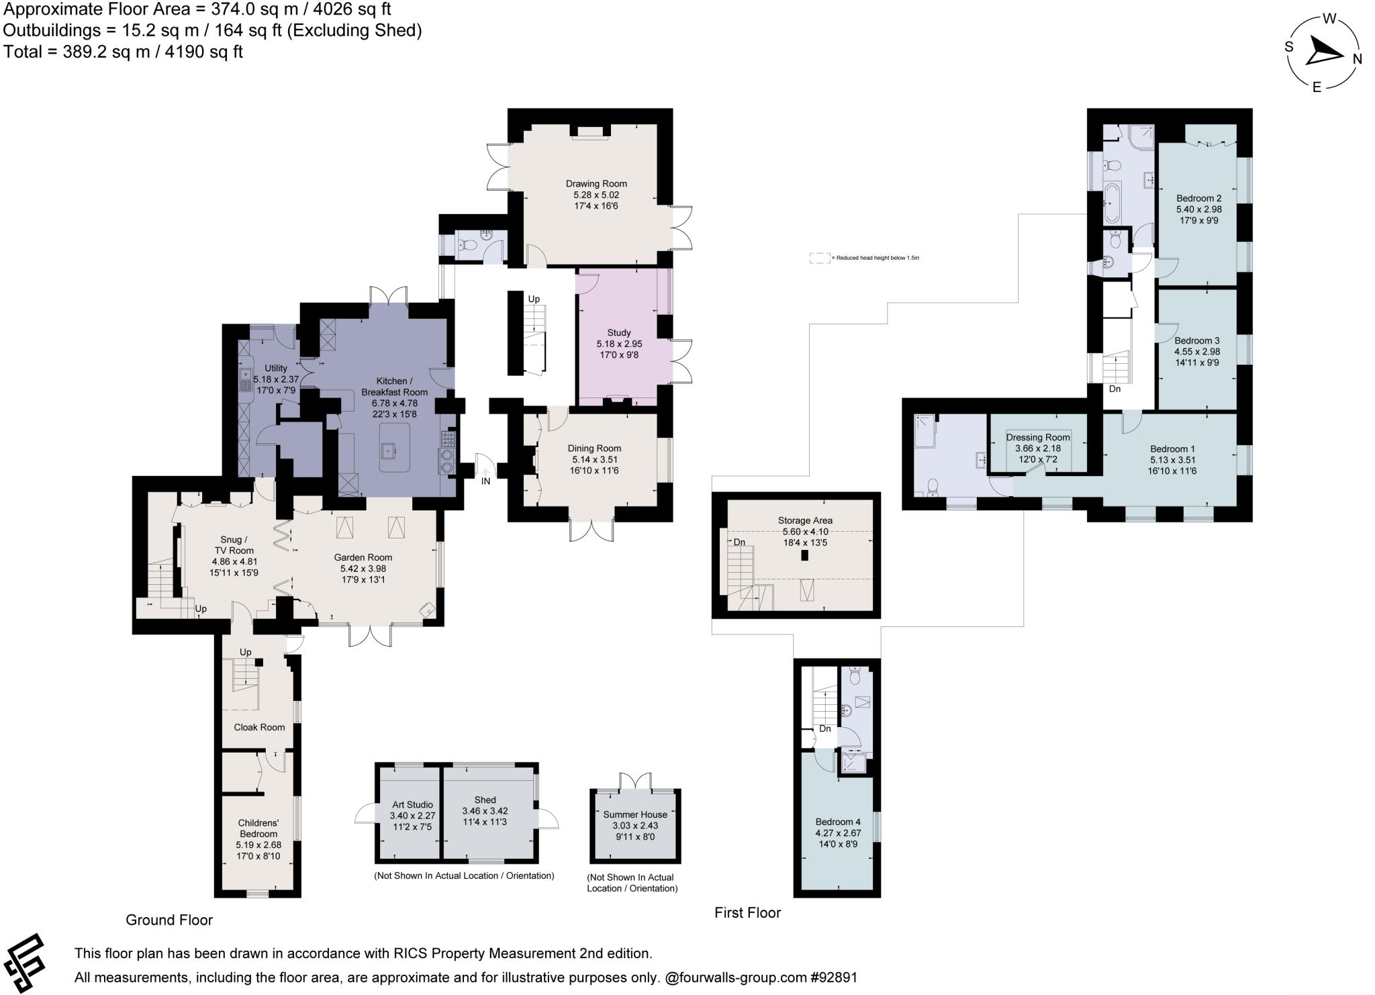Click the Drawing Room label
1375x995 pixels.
pyautogui.click(x=596, y=183)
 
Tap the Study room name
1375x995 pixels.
pyautogui.click(x=618, y=332)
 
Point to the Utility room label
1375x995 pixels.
pyautogui.click(x=275, y=368)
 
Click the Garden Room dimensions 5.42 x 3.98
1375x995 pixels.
pyautogui.click(x=363, y=569)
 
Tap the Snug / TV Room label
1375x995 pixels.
pyautogui.click(x=234, y=545)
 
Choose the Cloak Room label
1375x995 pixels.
pyautogui.click(x=259, y=727)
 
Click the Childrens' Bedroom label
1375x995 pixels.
pyautogui.click(x=258, y=828)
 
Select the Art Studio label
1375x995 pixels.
pyautogui.click(x=412, y=804)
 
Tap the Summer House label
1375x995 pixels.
pyautogui.click(x=634, y=814)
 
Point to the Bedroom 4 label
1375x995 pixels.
pyautogui.click(x=837, y=822)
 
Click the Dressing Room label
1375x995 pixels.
pyautogui.click(x=1037, y=437)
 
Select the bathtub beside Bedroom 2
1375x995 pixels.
pyautogui.click(x=1112, y=202)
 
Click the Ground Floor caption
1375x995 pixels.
pyautogui.click(x=169, y=920)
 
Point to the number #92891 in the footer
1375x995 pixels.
pyautogui.click(x=833, y=978)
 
